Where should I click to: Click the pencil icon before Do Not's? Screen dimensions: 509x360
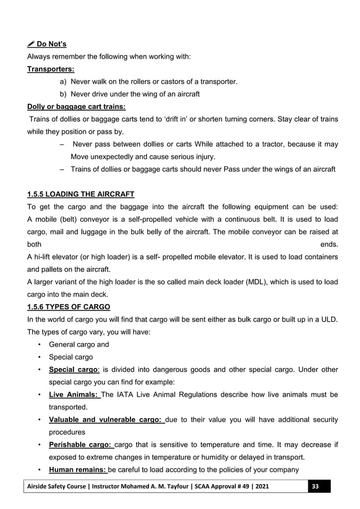pyautogui.click(x=30, y=44)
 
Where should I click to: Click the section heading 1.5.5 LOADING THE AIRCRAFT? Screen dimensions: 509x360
pyautogui.click(x=81, y=195)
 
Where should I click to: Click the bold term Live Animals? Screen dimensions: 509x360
pyautogui.click(x=74, y=394)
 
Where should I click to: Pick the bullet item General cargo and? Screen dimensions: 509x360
pyautogui.click(x=79, y=344)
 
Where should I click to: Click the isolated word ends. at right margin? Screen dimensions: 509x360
pyautogui.click(x=329, y=244)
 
